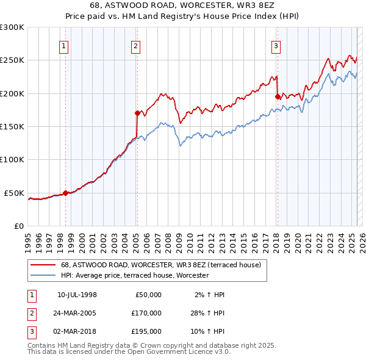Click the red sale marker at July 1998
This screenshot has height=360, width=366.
(x=66, y=193)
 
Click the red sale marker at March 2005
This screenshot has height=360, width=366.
(x=138, y=113)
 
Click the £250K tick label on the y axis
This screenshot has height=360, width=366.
(x=12, y=60)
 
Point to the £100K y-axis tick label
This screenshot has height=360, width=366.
(x=12, y=159)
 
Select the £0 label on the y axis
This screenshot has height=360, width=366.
(x=18, y=226)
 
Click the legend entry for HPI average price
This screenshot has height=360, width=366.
(x=135, y=275)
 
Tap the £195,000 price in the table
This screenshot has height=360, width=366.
(x=146, y=331)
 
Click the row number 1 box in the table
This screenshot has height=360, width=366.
(x=31, y=295)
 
